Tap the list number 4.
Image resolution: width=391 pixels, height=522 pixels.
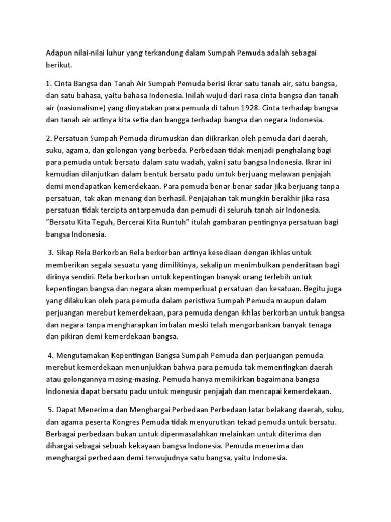[51, 355]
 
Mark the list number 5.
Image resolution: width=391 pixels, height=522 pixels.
[51, 410]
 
